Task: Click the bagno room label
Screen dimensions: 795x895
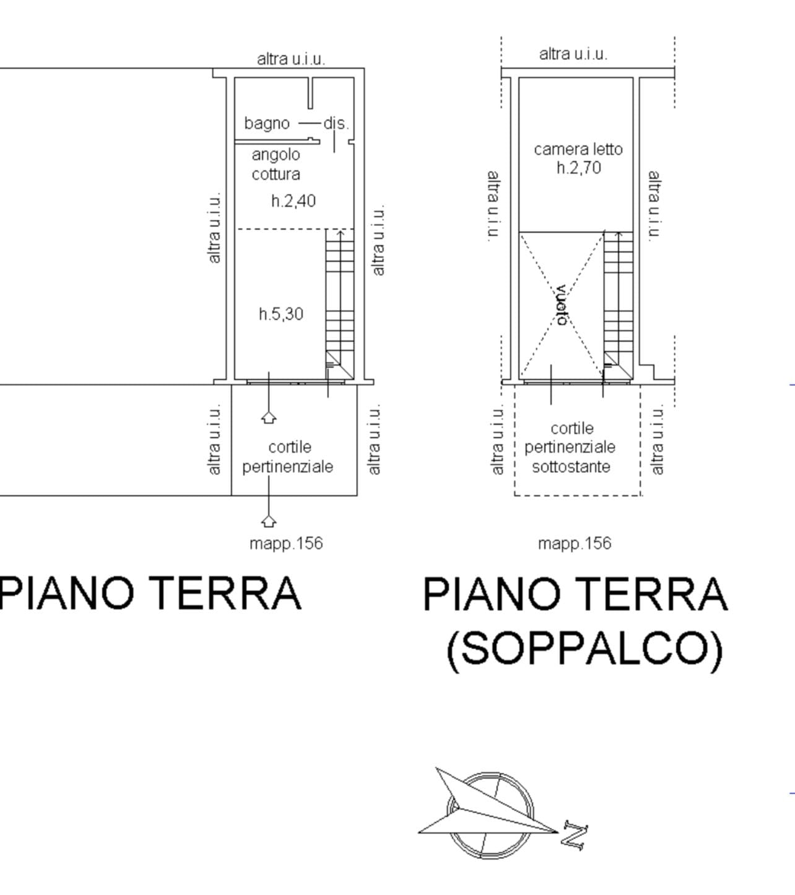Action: (267, 123)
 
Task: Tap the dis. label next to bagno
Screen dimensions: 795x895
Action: (336, 123)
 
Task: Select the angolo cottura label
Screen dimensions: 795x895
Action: (276, 165)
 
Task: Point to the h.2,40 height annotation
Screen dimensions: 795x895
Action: (293, 201)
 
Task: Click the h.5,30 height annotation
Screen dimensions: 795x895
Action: (281, 314)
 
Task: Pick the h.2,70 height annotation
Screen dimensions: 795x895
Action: (579, 168)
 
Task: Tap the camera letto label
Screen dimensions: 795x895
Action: (578, 149)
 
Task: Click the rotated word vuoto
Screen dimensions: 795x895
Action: (562, 305)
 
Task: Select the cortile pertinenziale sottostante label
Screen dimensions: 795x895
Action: (570, 447)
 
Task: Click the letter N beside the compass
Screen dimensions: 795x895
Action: (575, 836)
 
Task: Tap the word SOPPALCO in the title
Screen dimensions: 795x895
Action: (585, 649)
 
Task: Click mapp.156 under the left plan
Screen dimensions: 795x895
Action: (286, 543)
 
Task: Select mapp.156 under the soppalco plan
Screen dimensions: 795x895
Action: (575, 543)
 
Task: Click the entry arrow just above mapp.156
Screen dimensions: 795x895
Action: (269, 521)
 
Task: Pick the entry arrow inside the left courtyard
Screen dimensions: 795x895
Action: (269, 417)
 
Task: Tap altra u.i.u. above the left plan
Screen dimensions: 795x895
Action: (291, 59)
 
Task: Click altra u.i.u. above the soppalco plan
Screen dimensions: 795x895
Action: (573, 54)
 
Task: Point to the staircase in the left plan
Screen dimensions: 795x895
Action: (340, 304)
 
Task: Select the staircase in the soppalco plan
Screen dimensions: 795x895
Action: (619, 305)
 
